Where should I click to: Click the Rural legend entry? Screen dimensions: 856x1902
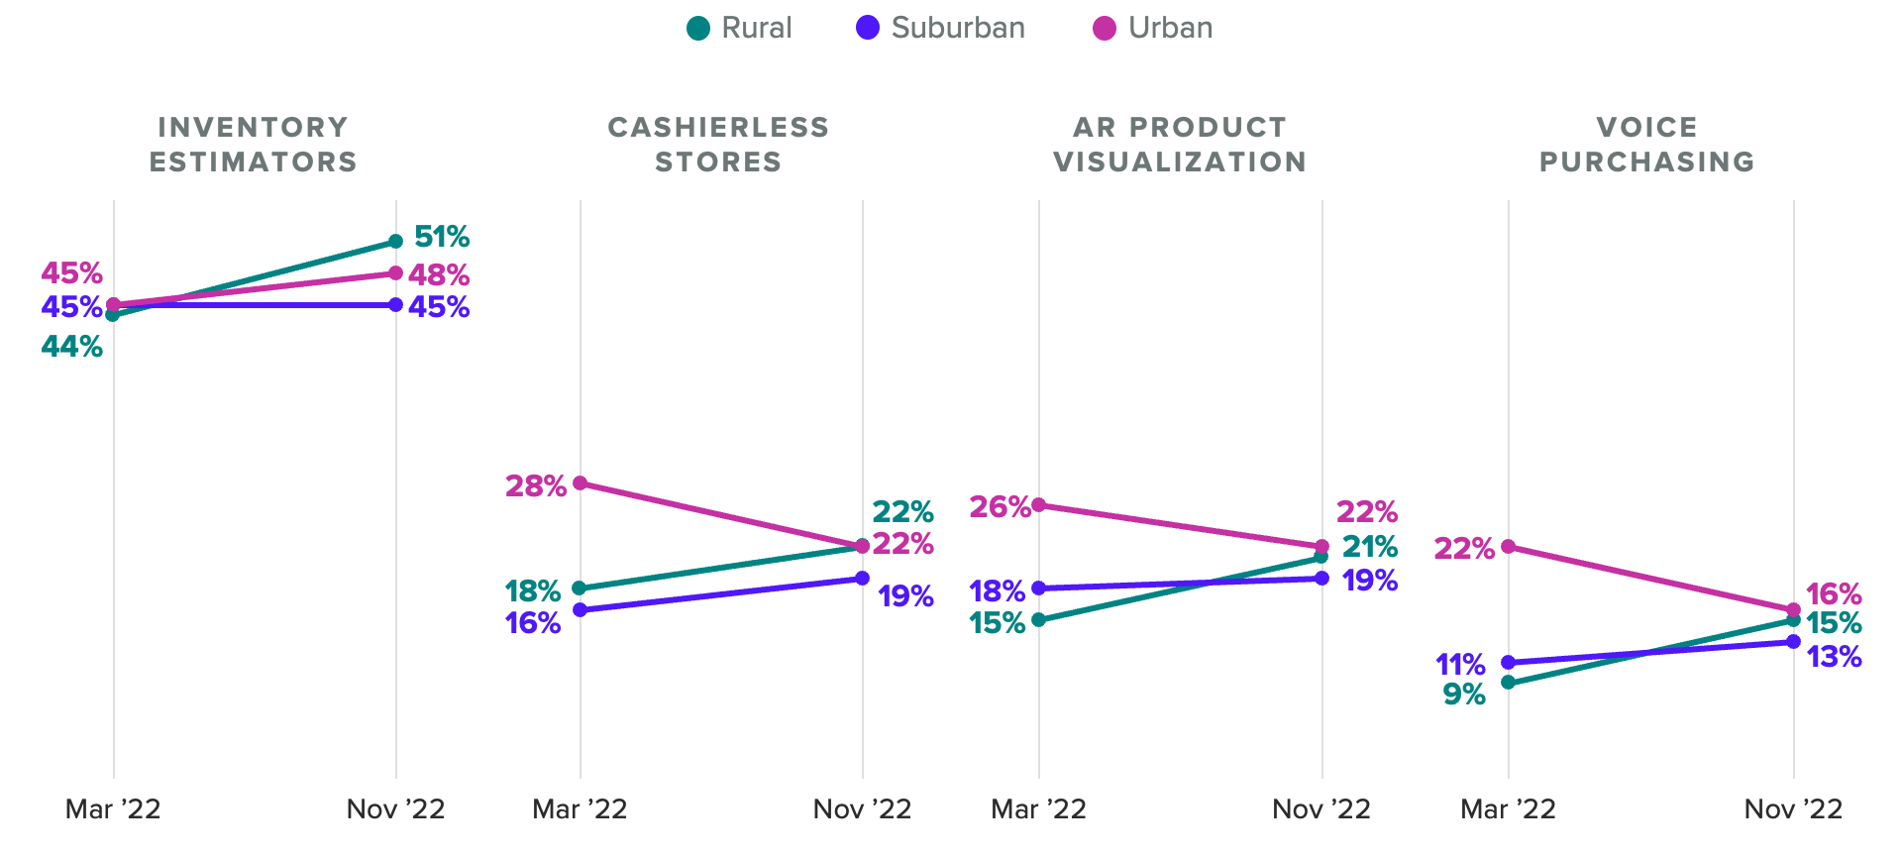[739, 28]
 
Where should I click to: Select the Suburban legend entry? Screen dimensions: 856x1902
[940, 28]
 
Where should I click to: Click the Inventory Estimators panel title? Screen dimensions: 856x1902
[254, 145]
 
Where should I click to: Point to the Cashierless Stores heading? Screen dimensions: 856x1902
[718, 145]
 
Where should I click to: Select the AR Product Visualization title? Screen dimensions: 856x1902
[1180, 145]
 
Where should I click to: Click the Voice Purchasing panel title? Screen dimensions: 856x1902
[1646, 145]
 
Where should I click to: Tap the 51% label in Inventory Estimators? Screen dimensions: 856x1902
[442, 237]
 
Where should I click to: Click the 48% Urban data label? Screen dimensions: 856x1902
[439, 274]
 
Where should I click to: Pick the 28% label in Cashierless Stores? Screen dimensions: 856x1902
[536, 485]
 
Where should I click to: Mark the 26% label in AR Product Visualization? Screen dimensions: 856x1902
[1000, 507]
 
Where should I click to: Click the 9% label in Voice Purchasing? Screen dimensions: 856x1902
[1464, 695]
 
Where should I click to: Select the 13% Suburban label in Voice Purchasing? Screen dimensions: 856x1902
[1834, 657]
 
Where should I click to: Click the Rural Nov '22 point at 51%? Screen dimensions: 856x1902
[395, 241]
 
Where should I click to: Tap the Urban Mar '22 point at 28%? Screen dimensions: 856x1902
[581, 483]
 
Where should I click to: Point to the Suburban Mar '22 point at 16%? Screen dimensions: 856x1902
[581, 610]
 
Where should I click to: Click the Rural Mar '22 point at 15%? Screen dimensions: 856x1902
[1038, 620]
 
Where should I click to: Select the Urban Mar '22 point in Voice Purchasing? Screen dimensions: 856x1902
[1508, 546]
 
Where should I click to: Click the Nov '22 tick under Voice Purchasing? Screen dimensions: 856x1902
[1793, 809]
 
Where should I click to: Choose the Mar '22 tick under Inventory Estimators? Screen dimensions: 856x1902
[113, 809]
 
